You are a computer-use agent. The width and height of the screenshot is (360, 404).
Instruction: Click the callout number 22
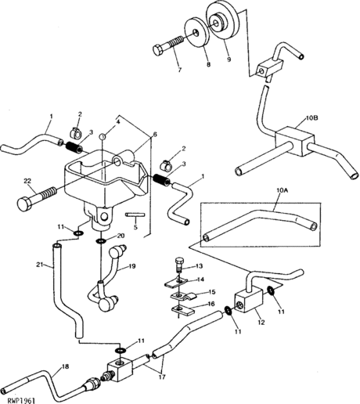27,181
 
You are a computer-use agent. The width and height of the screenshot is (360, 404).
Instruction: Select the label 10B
311,118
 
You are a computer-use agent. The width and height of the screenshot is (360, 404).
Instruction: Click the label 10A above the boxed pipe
282,190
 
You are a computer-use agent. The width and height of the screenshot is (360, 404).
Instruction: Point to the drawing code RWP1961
21,400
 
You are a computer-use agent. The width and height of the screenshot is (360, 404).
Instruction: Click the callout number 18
65,366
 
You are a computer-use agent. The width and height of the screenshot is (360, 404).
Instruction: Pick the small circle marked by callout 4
103,136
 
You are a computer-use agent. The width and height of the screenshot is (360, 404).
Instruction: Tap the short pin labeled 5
135,215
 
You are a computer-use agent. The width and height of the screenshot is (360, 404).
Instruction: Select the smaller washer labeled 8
197,33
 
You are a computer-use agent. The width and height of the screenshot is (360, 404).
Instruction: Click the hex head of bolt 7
158,50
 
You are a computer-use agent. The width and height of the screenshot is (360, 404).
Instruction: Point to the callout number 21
40,265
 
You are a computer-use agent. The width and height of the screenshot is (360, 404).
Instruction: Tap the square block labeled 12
250,299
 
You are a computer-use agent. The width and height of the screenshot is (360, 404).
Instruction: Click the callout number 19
132,266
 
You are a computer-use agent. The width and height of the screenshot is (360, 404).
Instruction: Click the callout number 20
121,236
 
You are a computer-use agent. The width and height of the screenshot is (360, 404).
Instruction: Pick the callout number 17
162,377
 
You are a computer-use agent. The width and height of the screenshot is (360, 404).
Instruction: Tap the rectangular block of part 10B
294,141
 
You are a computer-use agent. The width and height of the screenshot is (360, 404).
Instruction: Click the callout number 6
155,134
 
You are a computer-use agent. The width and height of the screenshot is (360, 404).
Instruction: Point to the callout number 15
212,292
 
